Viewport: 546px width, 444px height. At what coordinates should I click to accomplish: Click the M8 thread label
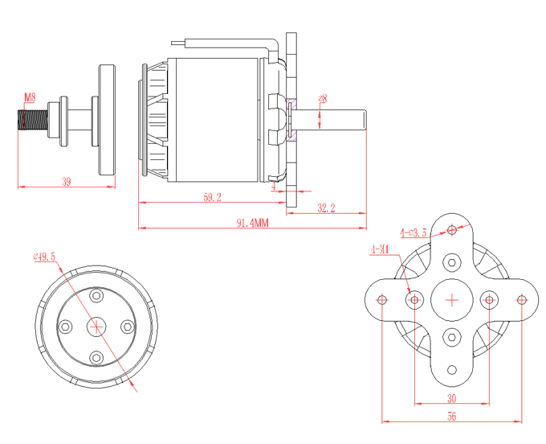[29, 98]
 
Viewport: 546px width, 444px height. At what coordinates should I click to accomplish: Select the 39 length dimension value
[66, 183]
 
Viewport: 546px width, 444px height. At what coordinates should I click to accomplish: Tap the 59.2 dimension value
[212, 196]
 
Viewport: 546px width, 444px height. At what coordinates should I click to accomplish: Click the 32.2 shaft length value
[326, 208]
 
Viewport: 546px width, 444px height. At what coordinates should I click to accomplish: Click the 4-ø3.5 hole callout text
[413, 232]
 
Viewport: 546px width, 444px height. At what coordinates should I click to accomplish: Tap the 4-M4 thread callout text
[380, 249]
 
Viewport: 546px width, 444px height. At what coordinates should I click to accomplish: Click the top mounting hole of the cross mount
[453, 231]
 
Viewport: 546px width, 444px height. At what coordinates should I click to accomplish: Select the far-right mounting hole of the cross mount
[522, 300]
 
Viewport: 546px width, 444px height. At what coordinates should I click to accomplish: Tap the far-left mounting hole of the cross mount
[382, 300]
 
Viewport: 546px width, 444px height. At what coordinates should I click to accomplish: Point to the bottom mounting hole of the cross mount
[453, 370]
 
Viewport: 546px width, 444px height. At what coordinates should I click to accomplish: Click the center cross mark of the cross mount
[452, 300]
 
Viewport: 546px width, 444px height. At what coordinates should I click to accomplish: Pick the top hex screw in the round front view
[97, 296]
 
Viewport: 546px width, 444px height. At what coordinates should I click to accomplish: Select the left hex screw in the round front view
[66, 327]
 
